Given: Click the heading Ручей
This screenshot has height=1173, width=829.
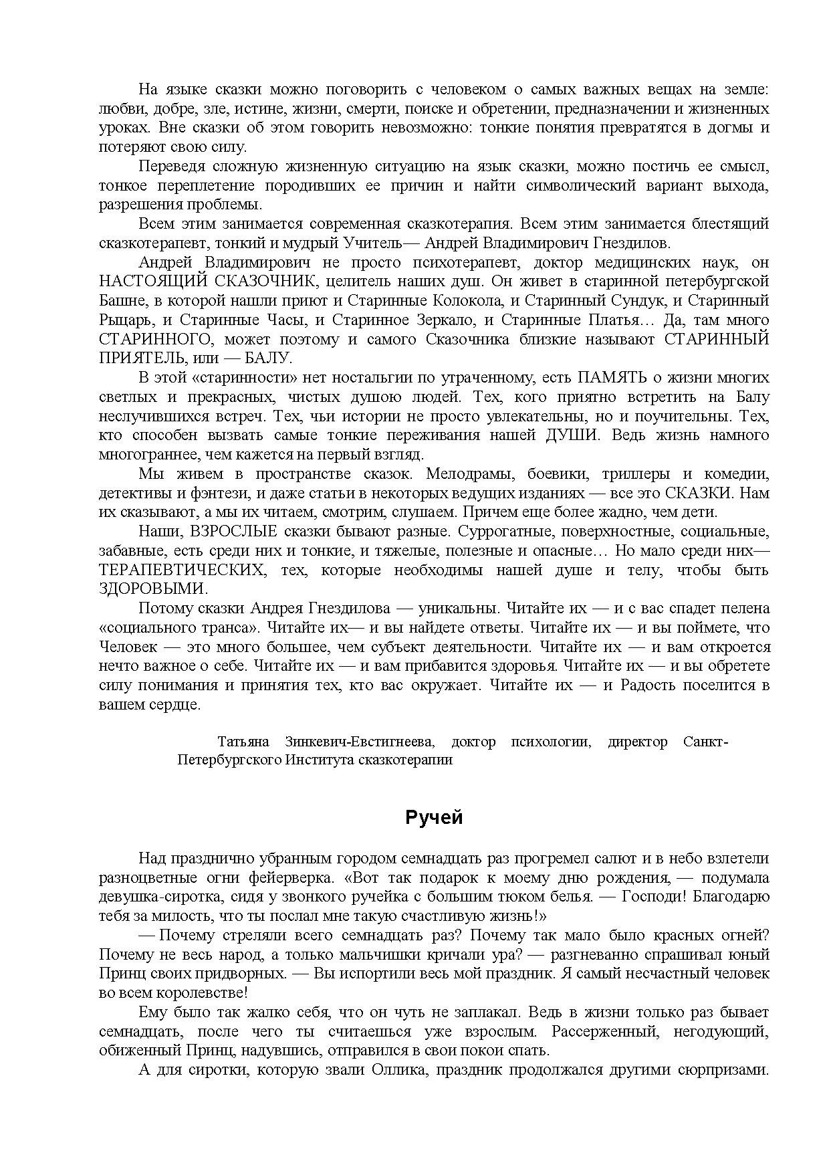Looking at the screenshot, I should click(x=434, y=817).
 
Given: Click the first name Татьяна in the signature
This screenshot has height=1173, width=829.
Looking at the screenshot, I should click(x=243, y=742).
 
